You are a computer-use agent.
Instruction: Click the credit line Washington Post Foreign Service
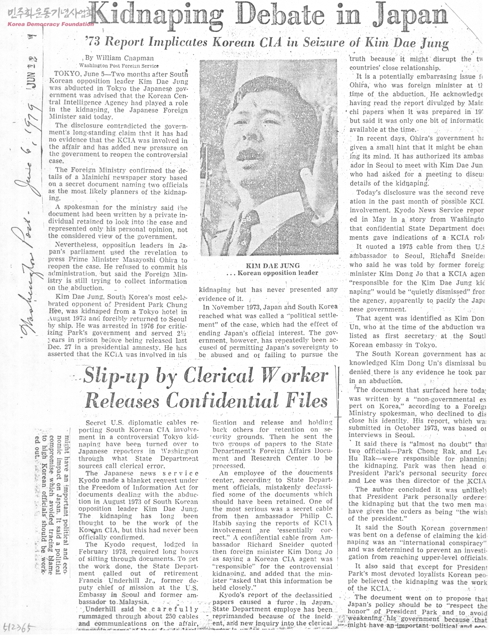(x=114, y=66)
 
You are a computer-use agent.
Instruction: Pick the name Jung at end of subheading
(x=432, y=43)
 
